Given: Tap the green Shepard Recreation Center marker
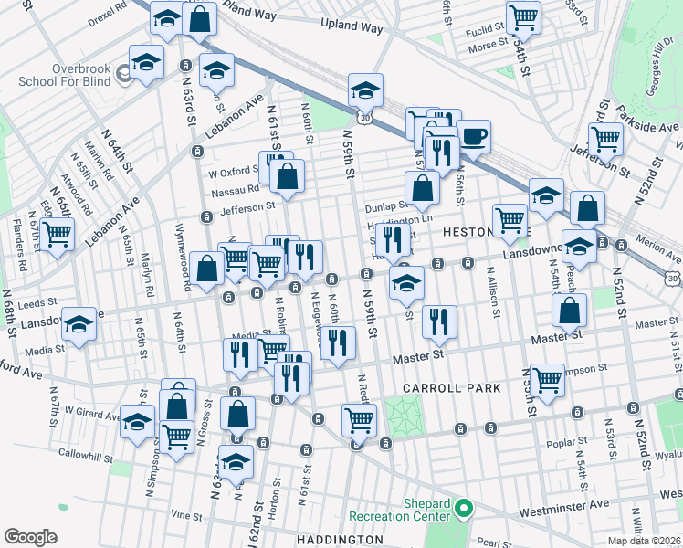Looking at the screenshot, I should pos(464,507).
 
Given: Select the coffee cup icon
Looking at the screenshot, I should pos(473,137).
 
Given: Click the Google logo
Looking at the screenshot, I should pos(30,537).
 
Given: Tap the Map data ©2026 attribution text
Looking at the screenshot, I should pos(644,541).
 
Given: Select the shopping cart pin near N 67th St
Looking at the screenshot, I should pos(58,234).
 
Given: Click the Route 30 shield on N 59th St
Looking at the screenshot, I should pos(365,117).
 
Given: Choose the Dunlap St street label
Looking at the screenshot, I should pos(385,206).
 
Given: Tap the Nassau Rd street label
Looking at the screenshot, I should pos(235,190).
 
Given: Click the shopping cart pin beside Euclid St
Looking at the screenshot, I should pos(523,16).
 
